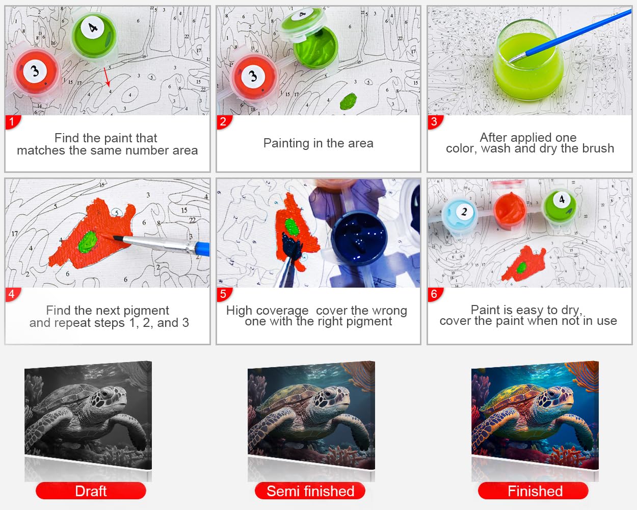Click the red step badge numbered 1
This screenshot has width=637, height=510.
(x=12, y=122)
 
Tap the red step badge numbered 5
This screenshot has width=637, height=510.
(x=224, y=294)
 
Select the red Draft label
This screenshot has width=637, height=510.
(x=91, y=491)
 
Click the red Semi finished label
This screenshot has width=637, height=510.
(x=310, y=491)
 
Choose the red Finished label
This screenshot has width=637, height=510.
(x=533, y=491)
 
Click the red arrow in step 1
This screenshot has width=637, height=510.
(x=107, y=77)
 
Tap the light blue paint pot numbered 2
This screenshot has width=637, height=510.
(x=459, y=215)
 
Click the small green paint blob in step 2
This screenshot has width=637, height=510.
(x=348, y=101)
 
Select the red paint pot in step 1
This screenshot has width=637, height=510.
(x=36, y=72)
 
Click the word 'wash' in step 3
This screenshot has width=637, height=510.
(x=496, y=149)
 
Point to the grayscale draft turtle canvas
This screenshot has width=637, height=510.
(x=88, y=415)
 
